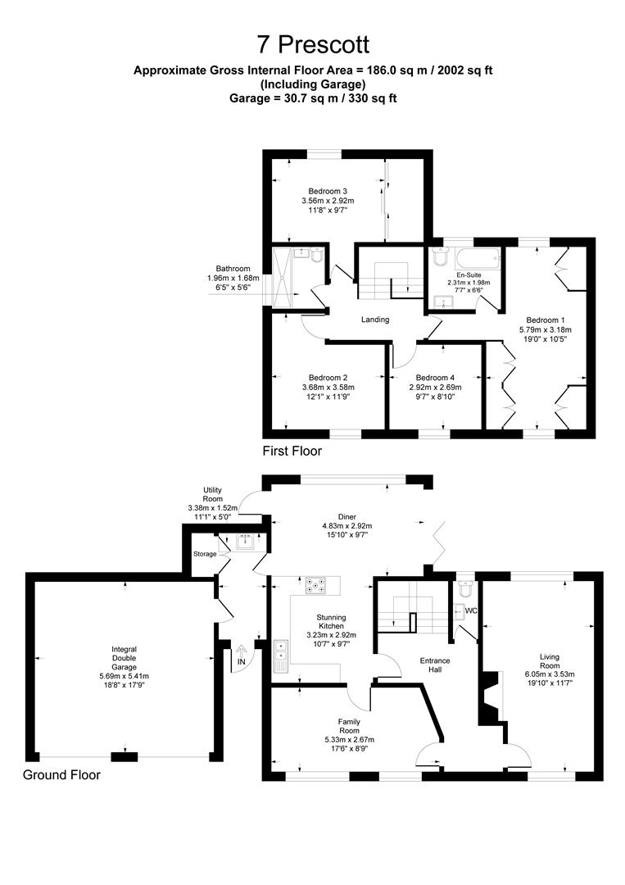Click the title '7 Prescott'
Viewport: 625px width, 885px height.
pyautogui.click(x=313, y=44)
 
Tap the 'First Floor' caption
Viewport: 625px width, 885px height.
pyautogui.click(x=292, y=451)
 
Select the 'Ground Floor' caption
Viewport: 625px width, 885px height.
pyautogui.click(x=61, y=775)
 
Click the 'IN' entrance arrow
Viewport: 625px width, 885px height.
pyautogui.click(x=241, y=655)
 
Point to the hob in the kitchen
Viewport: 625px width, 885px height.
pyautogui.click(x=316, y=586)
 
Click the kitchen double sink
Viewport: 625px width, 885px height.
pyautogui.click(x=281, y=656)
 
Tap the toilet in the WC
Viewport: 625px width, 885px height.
pyautogui.click(x=466, y=588)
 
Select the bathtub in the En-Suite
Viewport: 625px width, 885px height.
pyautogui.click(x=478, y=259)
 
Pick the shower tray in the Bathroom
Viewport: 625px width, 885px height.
pyautogui.click(x=282, y=276)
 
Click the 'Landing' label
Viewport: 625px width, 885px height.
pyautogui.click(x=375, y=320)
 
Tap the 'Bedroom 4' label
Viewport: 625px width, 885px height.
pyautogui.click(x=435, y=378)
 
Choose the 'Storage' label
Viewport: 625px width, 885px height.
pyautogui.click(x=205, y=554)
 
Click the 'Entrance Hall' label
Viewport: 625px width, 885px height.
pyautogui.click(x=435, y=665)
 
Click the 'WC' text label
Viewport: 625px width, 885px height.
pyautogui.click(x=471, y=610)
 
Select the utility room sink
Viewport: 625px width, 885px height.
pyautogui.click(x=245, y=542)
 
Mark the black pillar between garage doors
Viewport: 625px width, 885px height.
pyautogui.click(x=124, y=756)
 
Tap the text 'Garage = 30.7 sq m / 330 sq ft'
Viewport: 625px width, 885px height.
pyautogui.click(x=313, y=98)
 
